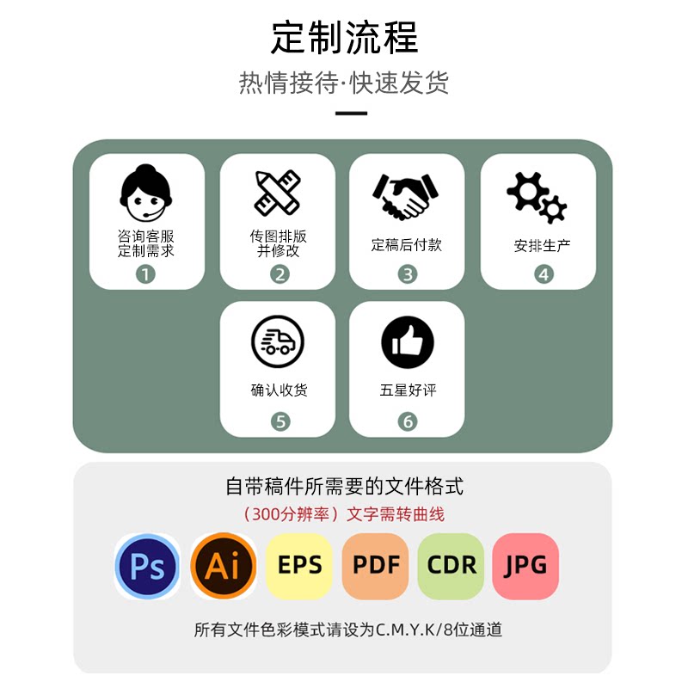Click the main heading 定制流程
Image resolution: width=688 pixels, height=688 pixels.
pos(344,38)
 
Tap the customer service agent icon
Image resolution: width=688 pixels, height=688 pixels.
pos(146,193)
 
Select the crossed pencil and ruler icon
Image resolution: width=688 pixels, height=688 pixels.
pos(278,193)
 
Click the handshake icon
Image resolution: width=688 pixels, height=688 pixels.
pos(406,196)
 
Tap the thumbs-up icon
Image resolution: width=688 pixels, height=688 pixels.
pos(408,342)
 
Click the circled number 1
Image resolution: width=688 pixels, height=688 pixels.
pos(146,274)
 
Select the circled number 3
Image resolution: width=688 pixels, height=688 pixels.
pos(408,274)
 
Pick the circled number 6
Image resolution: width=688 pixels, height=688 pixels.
pos(408,421)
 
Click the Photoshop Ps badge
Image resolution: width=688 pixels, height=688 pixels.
pos(147,566)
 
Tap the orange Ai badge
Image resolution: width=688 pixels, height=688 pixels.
pos(224,566)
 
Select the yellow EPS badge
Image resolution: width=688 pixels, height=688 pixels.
pos(299,566)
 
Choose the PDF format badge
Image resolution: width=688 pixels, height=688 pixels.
pos(375,566)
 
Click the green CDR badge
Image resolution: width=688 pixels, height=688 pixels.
pos(451,566)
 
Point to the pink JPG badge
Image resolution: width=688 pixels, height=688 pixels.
pos(525,566)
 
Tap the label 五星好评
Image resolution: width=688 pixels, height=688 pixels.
pos(408,390)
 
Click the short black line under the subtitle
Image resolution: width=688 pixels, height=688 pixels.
pos(351,113)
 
